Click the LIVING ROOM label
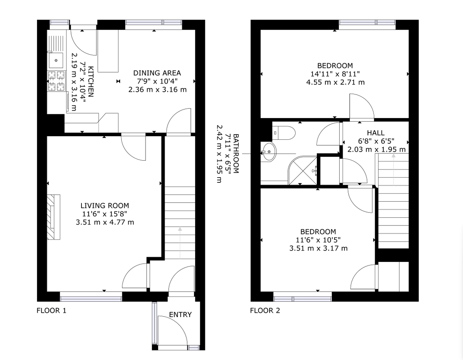tap(104, 206)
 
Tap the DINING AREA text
tap(157, 73)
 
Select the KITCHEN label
tap(91, 82)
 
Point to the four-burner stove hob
tap(56, 81)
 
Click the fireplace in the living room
tap(53, 217)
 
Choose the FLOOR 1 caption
tap(51, 311)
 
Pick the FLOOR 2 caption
tap(265, 311)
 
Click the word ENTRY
tap(180, 315)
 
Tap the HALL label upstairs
tap(375, 133)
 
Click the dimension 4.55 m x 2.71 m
tap(335, 82)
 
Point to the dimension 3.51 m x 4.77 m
tap(105, 222)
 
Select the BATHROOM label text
tap(236, 154)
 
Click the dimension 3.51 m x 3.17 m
tap(318, 248)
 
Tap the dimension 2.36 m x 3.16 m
tap(157, 89)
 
